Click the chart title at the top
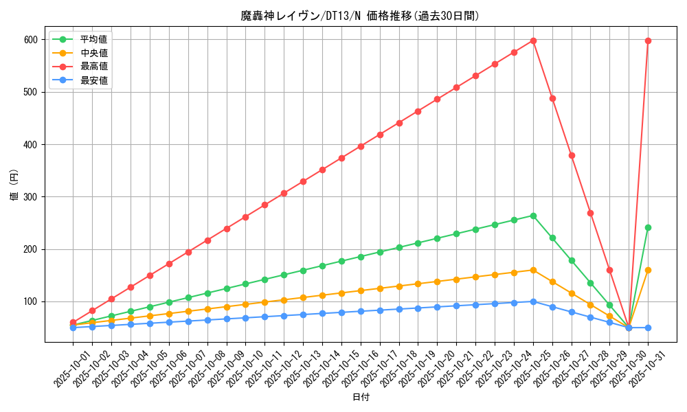pyautogui.click(x=360, y=16)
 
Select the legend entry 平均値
pyautogui.click(x=94, y=40)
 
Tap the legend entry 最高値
pyautogui.click(x=94, y=67)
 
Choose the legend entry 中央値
pyautogui.click(x=94, y=53)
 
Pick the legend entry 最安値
pyautogui.click(x=94, y=80)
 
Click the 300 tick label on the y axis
pyautogui.click(x=29, y=197)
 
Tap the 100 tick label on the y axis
pyautogui.click(x=29, y=301)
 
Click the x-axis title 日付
pyautogui.click(x=360, y=398)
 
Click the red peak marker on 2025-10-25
pyautogui.click(x=533, y=41)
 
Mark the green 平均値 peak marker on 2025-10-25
pyautogui.click(x=533, y=216)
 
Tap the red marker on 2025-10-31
pyautogui.click(x=648, y=41)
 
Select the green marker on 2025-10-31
pyautogui.click(x=648, y=227)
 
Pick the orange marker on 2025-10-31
pyautogui.click(x=648, y=270)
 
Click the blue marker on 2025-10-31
pyautogui.click(x=648, y=328)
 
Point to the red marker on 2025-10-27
pyautogui.click(x=572, y=155)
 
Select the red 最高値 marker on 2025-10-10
pyautogui.click(x=245, y=217)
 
